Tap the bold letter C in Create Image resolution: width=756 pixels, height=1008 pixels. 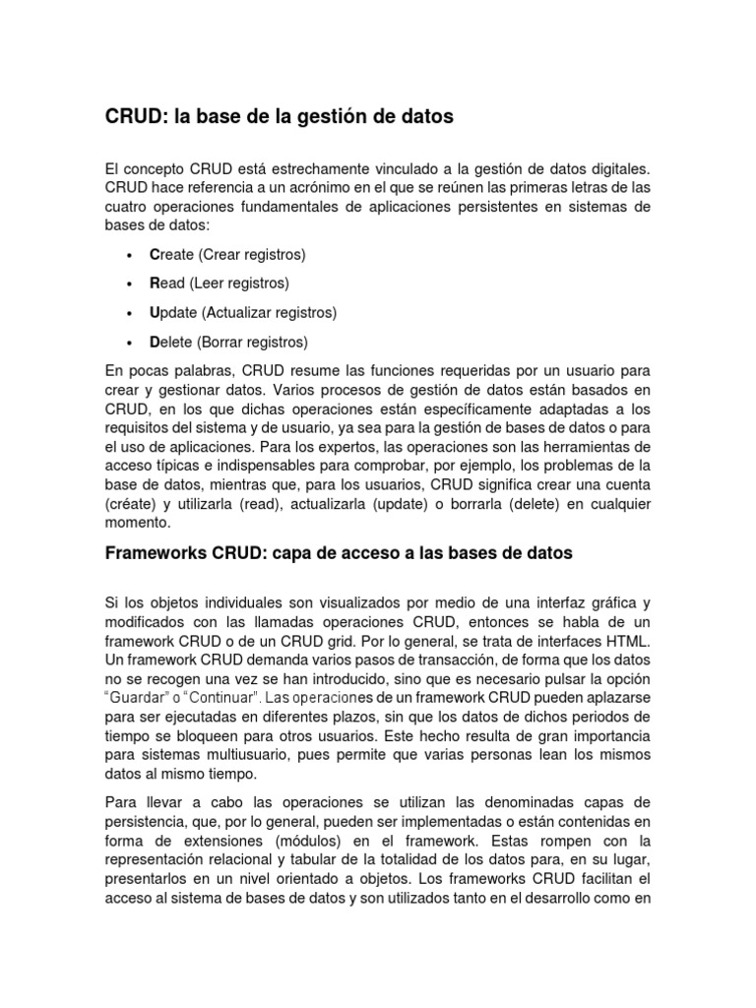(x=155, y=255)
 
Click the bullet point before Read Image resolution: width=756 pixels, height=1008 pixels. (x=131, y=284)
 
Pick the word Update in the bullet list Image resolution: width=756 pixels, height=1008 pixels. (x=174, y=313)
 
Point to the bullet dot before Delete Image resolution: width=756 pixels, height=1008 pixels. (x=131, y=344)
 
